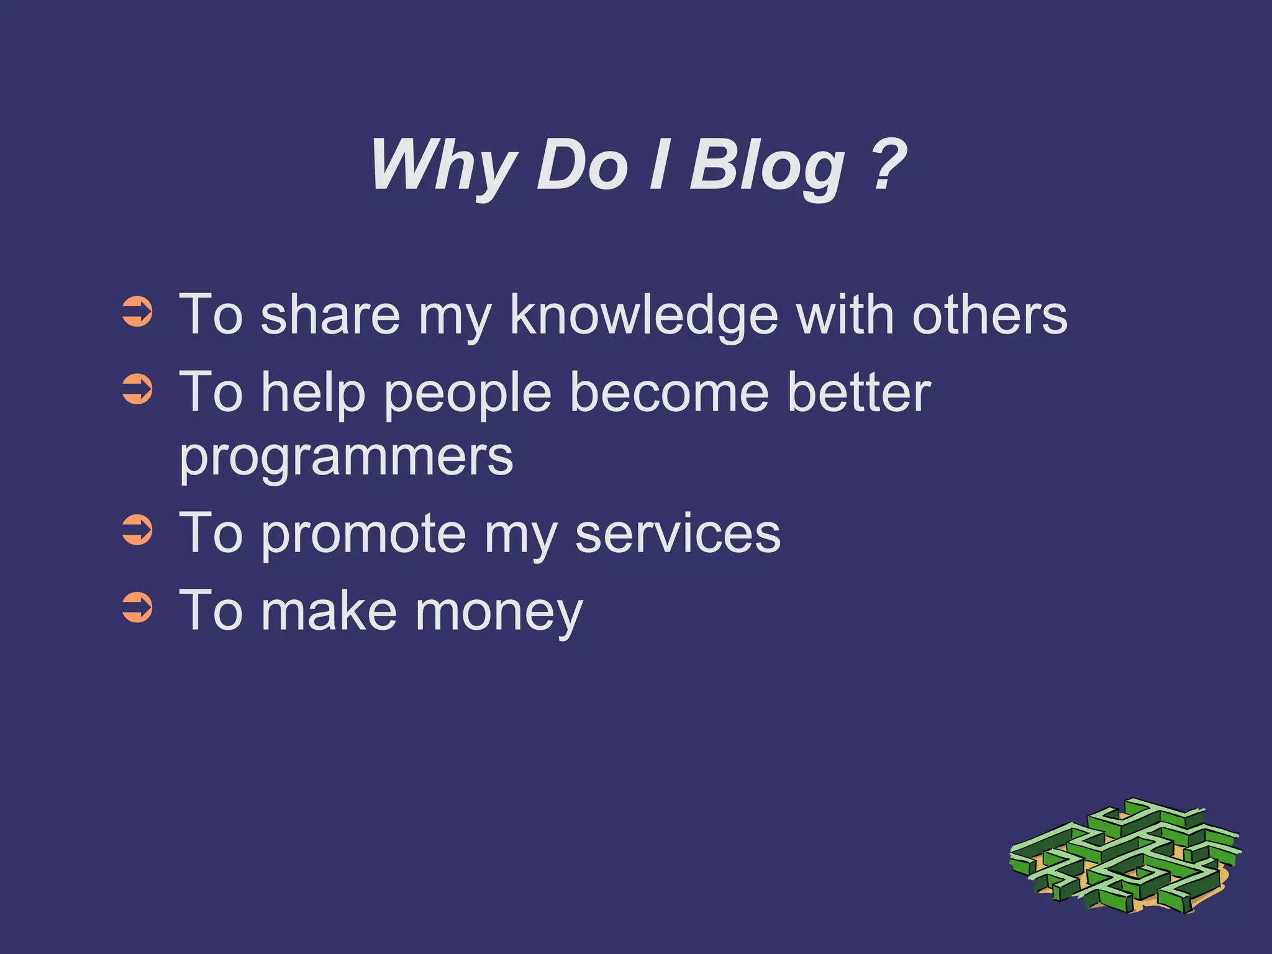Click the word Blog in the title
pos(767,166)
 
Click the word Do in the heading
pos(582,165)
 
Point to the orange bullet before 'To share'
pos(137,312)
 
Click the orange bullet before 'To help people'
pos(137,389)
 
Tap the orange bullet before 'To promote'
pos(137,530)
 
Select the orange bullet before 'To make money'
pos(137,607)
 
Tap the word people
pos(468,395)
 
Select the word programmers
pos(346,458)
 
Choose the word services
pos(678,534)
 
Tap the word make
pos(329,611)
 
